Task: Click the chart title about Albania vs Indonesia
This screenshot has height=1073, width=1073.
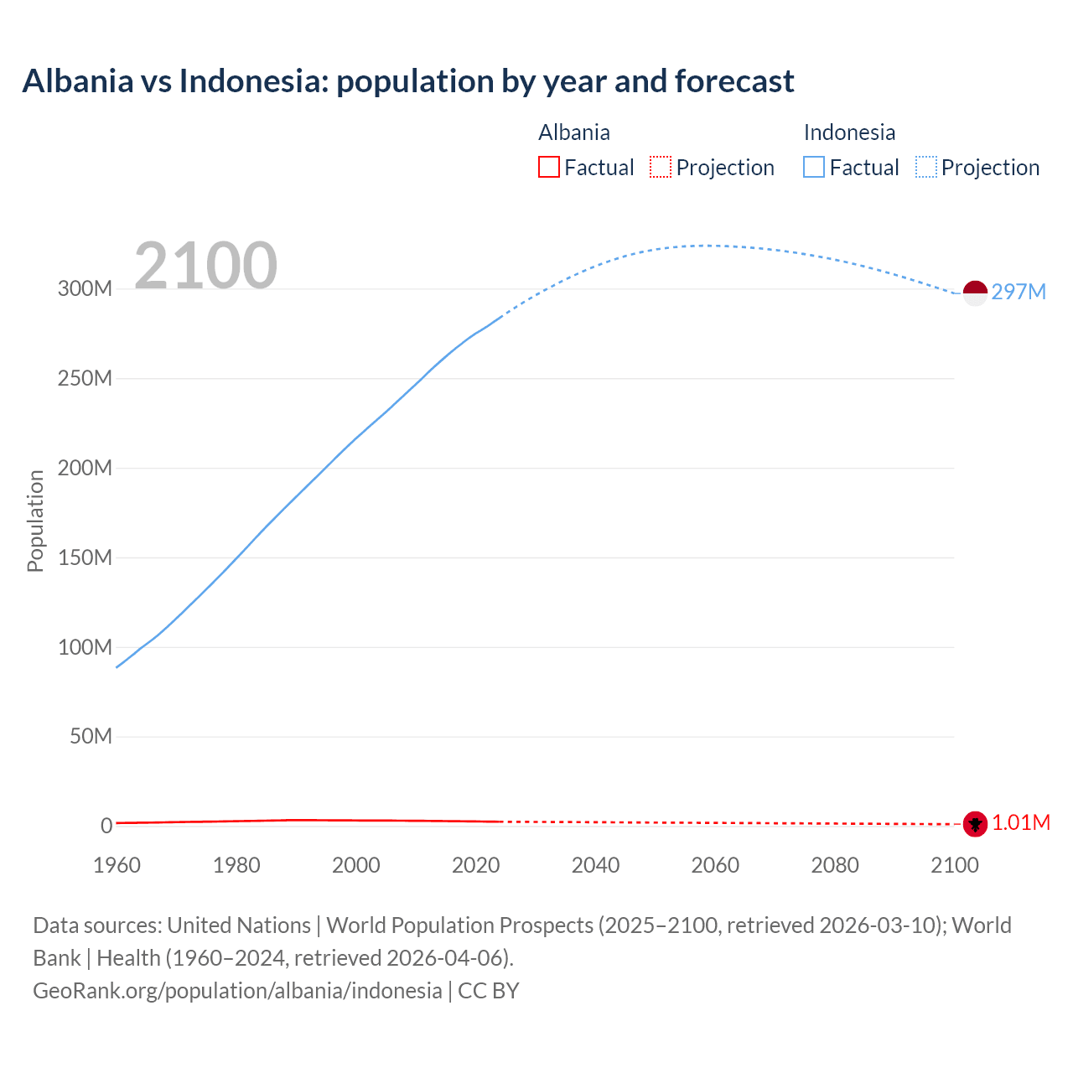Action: click(408, 81)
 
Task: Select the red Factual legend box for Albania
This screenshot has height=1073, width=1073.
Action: click(548, 167)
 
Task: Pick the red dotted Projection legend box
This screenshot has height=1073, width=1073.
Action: click(661, 167)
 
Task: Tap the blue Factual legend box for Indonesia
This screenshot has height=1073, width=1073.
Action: click(813, 167)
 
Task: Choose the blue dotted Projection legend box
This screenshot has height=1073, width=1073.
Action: click(925, 167)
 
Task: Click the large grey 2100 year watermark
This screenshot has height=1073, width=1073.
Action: click(205, 266)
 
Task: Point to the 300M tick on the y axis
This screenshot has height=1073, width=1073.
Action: click(85, 288)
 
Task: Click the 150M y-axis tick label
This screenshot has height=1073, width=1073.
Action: click(85, 557)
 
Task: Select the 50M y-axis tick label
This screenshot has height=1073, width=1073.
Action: click(91, 736)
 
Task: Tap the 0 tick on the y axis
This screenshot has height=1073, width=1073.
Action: click(106, 826)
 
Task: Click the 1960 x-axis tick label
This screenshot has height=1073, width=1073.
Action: click(117, 865)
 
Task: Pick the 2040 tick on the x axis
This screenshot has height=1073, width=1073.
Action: click(595, 865)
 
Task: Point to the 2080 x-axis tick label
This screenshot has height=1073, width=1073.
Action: click(835, 865)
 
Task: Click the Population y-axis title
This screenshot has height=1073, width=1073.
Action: click(35, 521)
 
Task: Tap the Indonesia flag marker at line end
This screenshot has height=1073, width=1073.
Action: click(975, 293)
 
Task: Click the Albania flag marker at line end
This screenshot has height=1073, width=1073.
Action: click(975, 824)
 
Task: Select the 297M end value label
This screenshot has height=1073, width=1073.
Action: click(1019, 292)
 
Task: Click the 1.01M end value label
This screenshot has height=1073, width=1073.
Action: click(1021, 822)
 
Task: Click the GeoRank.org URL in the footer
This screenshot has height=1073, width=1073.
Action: click(237, 990)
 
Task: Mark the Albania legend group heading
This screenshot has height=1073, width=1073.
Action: click(574, 132)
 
